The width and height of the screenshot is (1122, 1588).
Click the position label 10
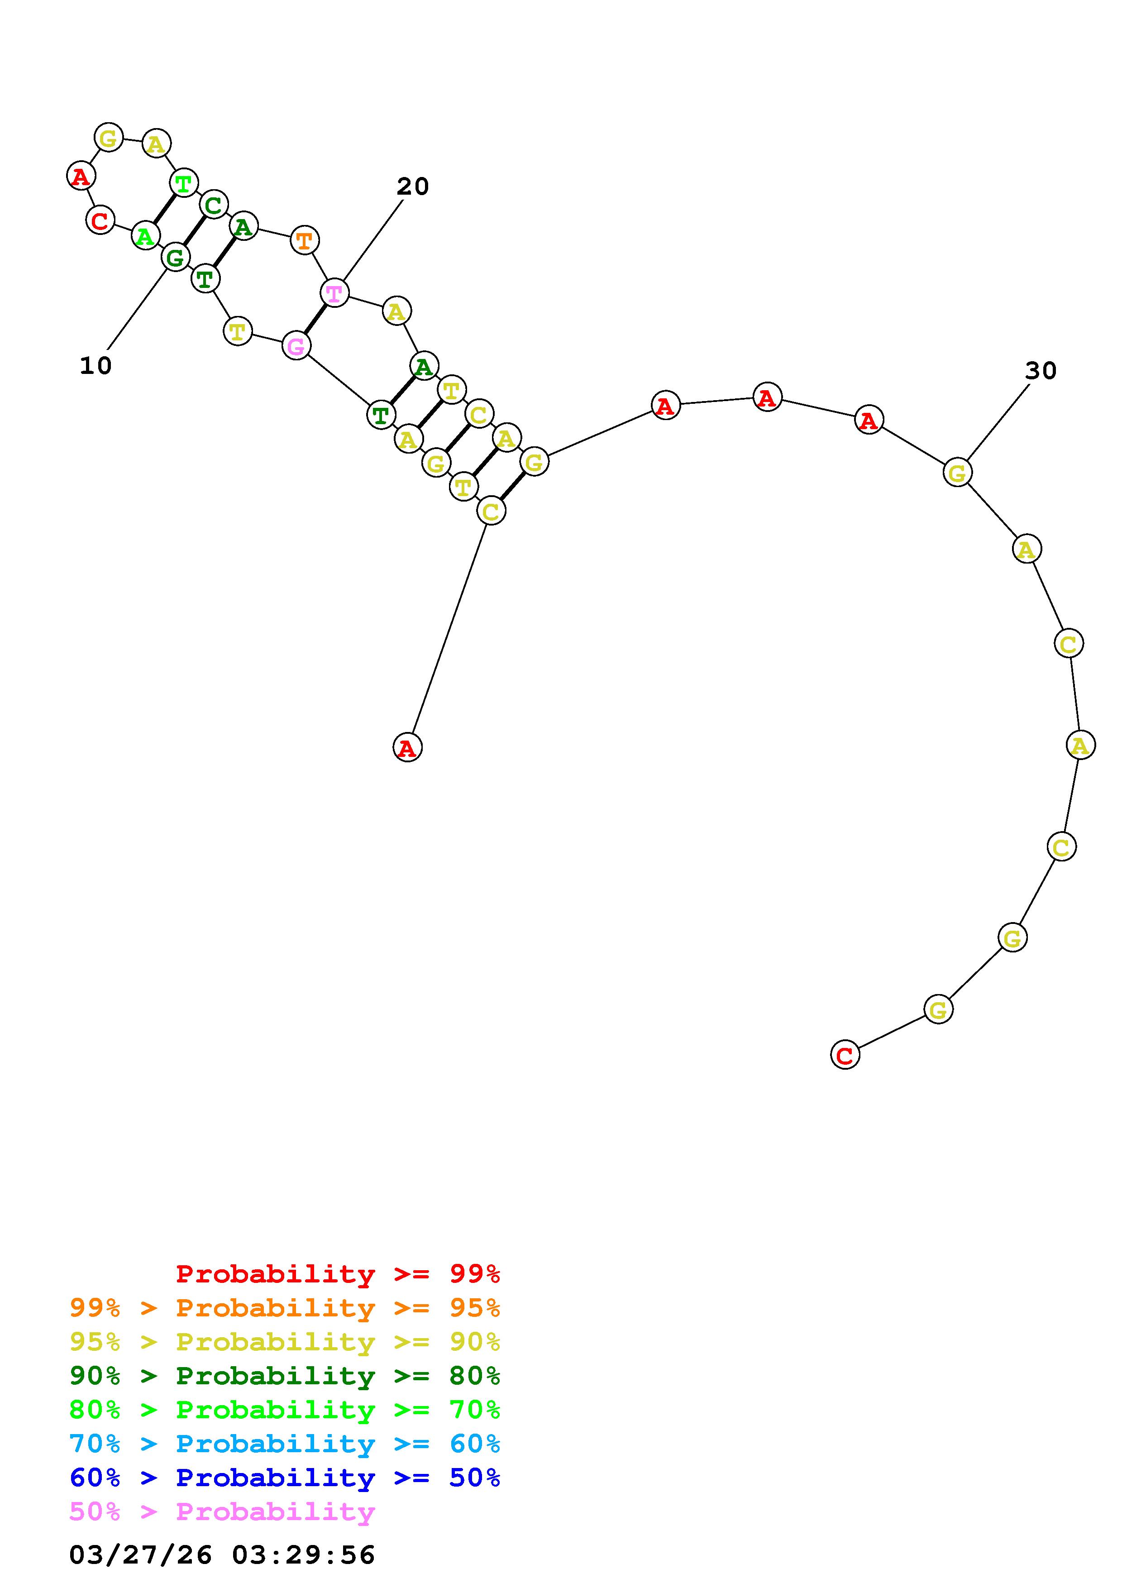click(x=95, y=366)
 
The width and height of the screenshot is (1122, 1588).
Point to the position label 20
click(x=413, y=186)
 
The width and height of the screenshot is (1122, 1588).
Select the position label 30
click(x=1041, y=371)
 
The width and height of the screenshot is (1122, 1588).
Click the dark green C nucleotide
click(x=214, y=205)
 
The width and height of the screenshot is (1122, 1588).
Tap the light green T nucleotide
click(x=183, y=183)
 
